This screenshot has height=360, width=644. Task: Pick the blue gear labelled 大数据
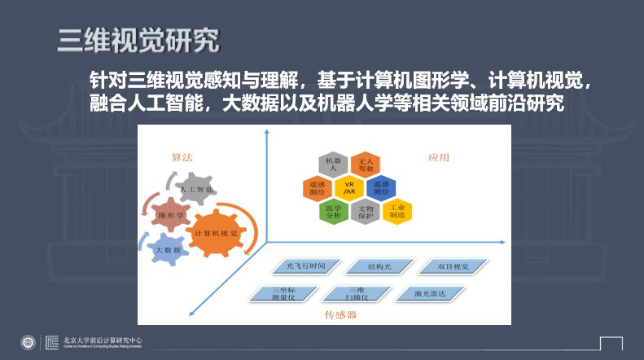tap(168, 249)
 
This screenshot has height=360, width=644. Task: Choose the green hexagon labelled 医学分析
tap(332, 212)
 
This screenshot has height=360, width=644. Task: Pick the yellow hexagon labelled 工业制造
tap(397, 212)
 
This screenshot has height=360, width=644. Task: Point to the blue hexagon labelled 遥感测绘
tap(381, 188)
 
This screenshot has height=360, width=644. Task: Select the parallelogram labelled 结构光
tap(379, 266)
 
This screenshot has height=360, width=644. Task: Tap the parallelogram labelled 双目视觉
tap(453, 266)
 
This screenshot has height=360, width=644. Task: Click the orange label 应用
tap(439, 157)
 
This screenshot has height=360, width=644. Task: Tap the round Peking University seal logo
tap(28, 341)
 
